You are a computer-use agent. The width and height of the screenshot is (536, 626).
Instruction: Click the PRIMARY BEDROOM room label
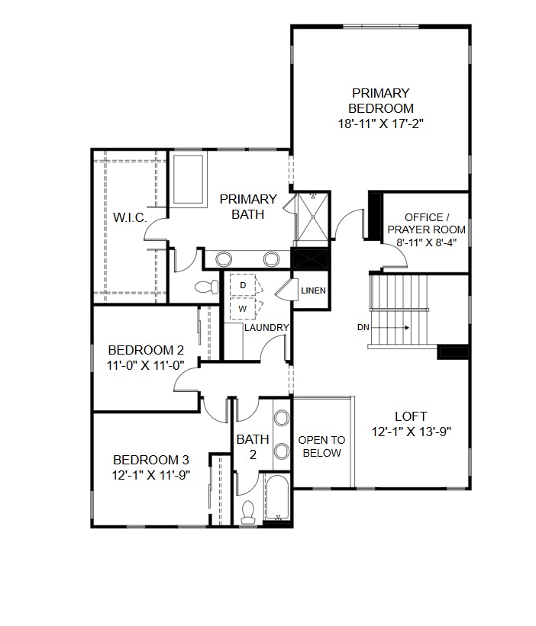pos(381,101)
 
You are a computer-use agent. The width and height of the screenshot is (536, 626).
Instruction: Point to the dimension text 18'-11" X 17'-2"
pos(381,124)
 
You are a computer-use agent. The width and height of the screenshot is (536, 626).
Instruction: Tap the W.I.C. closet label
pos(130,217)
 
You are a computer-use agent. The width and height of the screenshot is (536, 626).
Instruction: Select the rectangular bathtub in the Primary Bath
pos(188,179)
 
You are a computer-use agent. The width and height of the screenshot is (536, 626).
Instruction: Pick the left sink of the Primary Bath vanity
pos(227,258)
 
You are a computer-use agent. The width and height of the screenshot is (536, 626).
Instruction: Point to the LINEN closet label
pos(313,291)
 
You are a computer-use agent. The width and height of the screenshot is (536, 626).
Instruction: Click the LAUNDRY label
pos(266,328)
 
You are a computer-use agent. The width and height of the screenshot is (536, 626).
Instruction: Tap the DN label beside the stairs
pos(363,327)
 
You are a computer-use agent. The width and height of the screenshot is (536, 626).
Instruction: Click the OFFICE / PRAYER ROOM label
pos(425,223)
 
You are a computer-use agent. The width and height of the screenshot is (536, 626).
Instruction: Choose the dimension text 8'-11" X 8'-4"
pos(425,242)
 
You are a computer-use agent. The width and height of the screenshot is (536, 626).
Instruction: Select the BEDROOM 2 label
pos(146,350)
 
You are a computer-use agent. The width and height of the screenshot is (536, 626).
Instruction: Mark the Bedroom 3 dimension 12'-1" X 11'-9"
pos(150,474)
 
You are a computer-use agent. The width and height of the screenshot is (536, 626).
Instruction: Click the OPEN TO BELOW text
pos(321,446)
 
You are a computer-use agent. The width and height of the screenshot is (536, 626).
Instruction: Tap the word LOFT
pos(411,416)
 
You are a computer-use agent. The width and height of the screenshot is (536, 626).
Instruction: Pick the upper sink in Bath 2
pos(282,418)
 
